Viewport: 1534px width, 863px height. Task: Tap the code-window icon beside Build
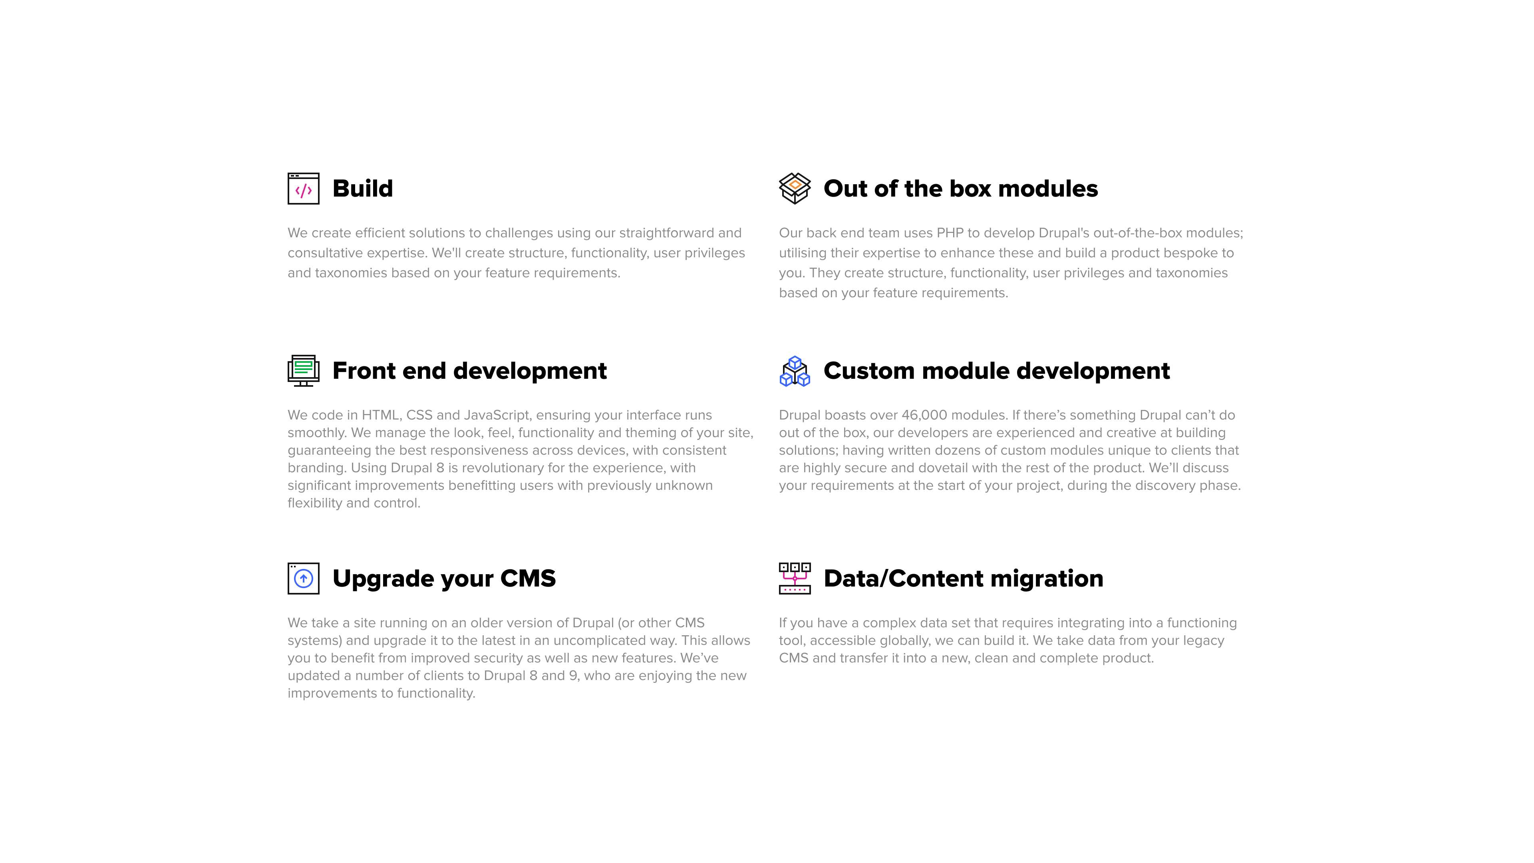[304, 189]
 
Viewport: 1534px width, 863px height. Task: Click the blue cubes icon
[795, 371]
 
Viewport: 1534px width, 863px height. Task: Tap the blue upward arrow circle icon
[304, 578]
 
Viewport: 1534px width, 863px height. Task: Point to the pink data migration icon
[795, 578]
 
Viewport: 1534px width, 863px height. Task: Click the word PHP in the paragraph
[950, 233]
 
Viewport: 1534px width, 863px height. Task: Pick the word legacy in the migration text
[1204, 641]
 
